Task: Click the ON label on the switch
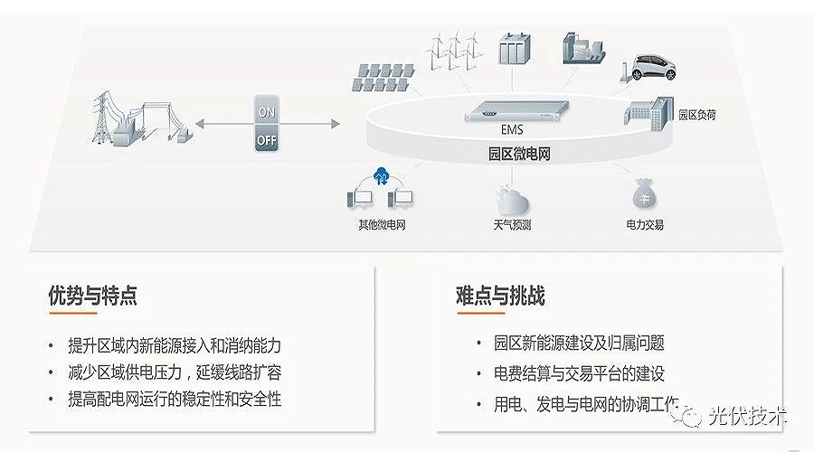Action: tap(267, 113)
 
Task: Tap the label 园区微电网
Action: tap(519, 155)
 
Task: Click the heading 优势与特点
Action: tap(93, 296)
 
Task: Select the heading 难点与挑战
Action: tap(501, 296)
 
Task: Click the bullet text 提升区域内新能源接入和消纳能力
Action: tap(175, 345)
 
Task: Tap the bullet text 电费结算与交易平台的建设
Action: tap(580, 373)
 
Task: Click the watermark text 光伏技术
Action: tap(750, 416)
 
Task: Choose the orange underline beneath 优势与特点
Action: tap(73, 314)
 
